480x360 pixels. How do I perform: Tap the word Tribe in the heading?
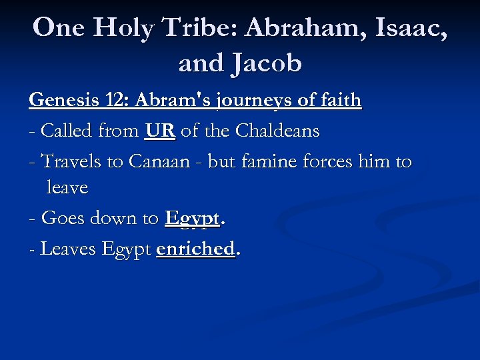click(203, 27)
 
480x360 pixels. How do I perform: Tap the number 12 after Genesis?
click(113, 101)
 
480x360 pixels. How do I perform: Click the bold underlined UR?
click(159, 131)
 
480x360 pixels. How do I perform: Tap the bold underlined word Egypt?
click(192, 219)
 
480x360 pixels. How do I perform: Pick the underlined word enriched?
click(195, 249)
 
